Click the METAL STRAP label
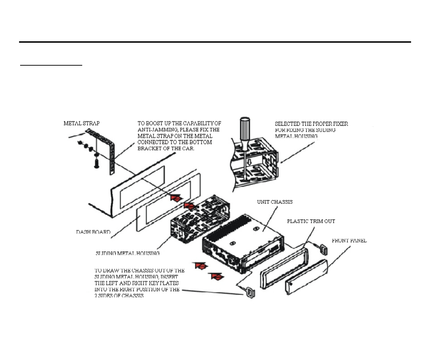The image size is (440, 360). [x=82, y=124]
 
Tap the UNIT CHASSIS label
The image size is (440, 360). [x=275, y=202]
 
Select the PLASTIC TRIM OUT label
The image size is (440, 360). [x=311, y=221]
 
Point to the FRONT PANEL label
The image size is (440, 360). [x=349, y=241]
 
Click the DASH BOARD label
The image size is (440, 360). [x=93, y=232]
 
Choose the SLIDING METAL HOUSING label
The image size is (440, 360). [x=127, y=253]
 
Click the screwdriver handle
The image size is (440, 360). [x=244, y=129]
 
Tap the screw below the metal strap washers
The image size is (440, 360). [x=96, y=163]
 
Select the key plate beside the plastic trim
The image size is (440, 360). [x=323, y=249]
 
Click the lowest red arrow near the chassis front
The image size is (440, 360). [x=216, y=276]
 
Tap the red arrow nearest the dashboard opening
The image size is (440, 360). [x=175, y=197]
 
